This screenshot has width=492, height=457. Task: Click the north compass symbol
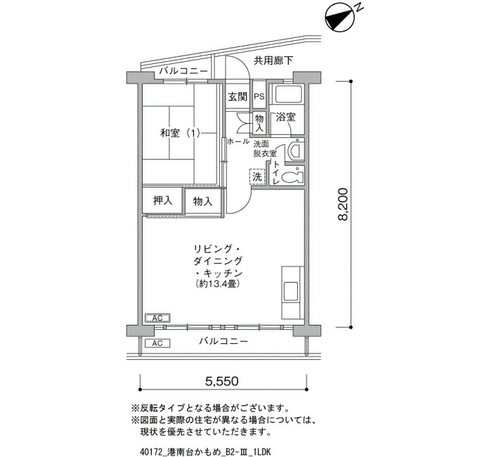coord(340,18)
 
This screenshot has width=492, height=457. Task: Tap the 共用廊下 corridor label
coord(273,60)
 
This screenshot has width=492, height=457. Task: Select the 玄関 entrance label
coord(238,97)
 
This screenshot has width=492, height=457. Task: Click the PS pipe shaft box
coord(259,97)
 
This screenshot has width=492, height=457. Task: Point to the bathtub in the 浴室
coord(287,94)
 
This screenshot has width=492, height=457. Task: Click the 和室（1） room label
coord(180,134)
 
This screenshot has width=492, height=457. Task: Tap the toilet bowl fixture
coord(292,177)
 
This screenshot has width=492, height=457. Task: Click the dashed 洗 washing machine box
coord(257,176)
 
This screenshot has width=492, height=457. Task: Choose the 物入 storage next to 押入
coord(202,201)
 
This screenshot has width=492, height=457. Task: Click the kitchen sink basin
coord(290,292)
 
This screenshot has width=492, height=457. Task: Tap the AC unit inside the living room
coord(157,318)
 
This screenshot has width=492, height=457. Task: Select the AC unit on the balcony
coord(157,343)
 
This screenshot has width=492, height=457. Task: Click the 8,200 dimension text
coord(343,205)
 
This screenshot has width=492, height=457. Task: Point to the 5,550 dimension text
coord(222,381)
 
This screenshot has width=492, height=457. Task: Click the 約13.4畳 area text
coord(218,284)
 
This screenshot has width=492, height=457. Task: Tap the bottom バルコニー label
coord(224,341)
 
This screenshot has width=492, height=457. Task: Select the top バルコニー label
coord(183,71)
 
